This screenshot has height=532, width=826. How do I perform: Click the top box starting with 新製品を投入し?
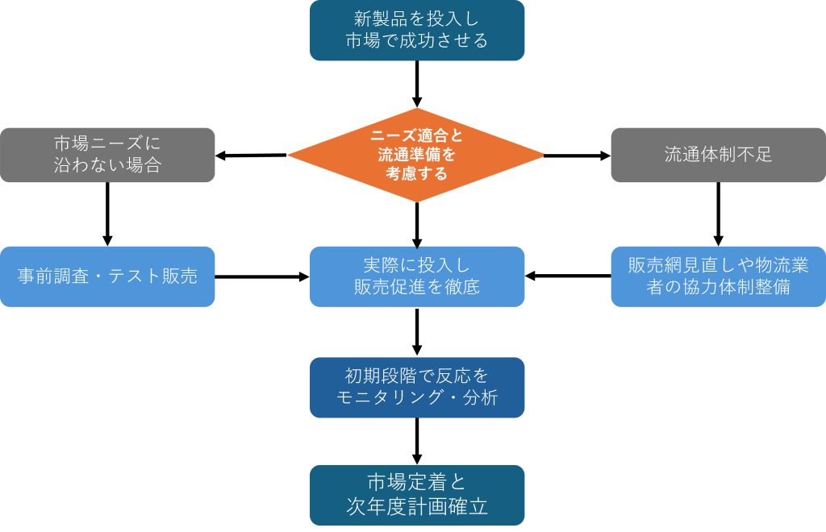(x=417, y=30)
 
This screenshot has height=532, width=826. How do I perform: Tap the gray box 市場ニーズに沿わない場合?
(x=107, y=155)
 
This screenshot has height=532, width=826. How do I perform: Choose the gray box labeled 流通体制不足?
(x=718, y=155)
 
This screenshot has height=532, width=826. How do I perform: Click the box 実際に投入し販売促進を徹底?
(x=417, y=276)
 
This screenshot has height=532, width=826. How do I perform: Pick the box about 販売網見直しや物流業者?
(x=718, y=276)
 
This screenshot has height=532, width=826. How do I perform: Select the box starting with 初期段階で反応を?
(x=417, y=388)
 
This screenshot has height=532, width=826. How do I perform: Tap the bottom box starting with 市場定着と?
(x=417, y=494)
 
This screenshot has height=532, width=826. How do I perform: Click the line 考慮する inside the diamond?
(x=416, y=173)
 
